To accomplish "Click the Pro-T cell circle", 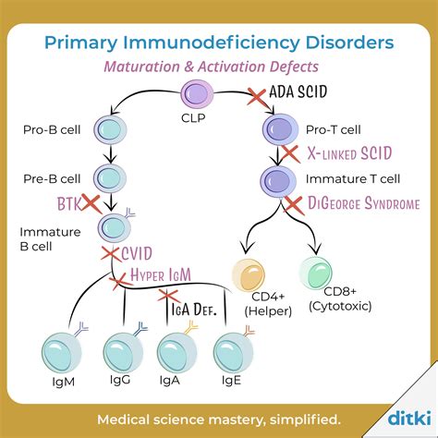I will point(278,128).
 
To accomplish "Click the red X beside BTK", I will point(90,203).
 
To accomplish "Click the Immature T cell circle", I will point(277,177).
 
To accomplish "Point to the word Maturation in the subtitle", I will point(143,67).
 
